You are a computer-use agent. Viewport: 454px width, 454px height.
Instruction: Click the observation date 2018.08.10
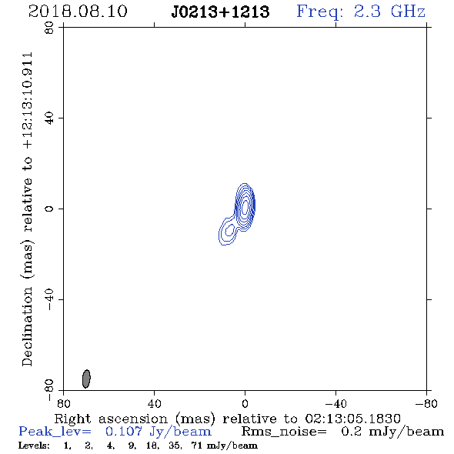pos(78,12)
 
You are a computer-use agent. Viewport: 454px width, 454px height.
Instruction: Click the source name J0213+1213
pos(220,12)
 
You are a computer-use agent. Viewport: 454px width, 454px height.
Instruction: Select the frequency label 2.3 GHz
pos(389,12)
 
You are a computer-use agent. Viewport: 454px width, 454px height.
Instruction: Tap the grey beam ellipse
pos(86,379)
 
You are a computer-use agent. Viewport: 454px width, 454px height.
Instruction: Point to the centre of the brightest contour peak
pos(245,206)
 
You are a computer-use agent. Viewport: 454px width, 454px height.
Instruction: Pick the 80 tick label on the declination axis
pos(49,28)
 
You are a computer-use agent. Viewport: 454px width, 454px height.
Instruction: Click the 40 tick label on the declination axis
pos(49,119)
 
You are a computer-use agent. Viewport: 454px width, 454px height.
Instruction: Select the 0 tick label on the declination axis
pos(49,209)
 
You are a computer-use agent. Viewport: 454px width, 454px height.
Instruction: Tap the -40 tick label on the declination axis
pos(49,299)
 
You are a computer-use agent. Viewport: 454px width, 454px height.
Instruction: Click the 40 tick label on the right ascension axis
pos(154,404)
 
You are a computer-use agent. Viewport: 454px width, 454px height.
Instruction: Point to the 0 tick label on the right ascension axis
pos(245,404)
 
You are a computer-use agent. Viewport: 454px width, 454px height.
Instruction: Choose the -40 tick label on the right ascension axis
pos(335,404)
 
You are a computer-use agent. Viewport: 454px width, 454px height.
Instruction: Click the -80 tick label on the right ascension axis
pos(426,404)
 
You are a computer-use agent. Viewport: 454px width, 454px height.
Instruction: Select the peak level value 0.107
pos(124,432)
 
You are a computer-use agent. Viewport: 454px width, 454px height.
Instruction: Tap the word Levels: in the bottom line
pos(34,446)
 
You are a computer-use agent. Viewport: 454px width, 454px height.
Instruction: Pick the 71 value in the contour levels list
pos(196,446)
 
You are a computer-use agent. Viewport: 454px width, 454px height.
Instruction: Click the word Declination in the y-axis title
pos(27,326)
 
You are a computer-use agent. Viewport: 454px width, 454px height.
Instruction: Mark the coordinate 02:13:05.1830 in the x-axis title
pos(352,419)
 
